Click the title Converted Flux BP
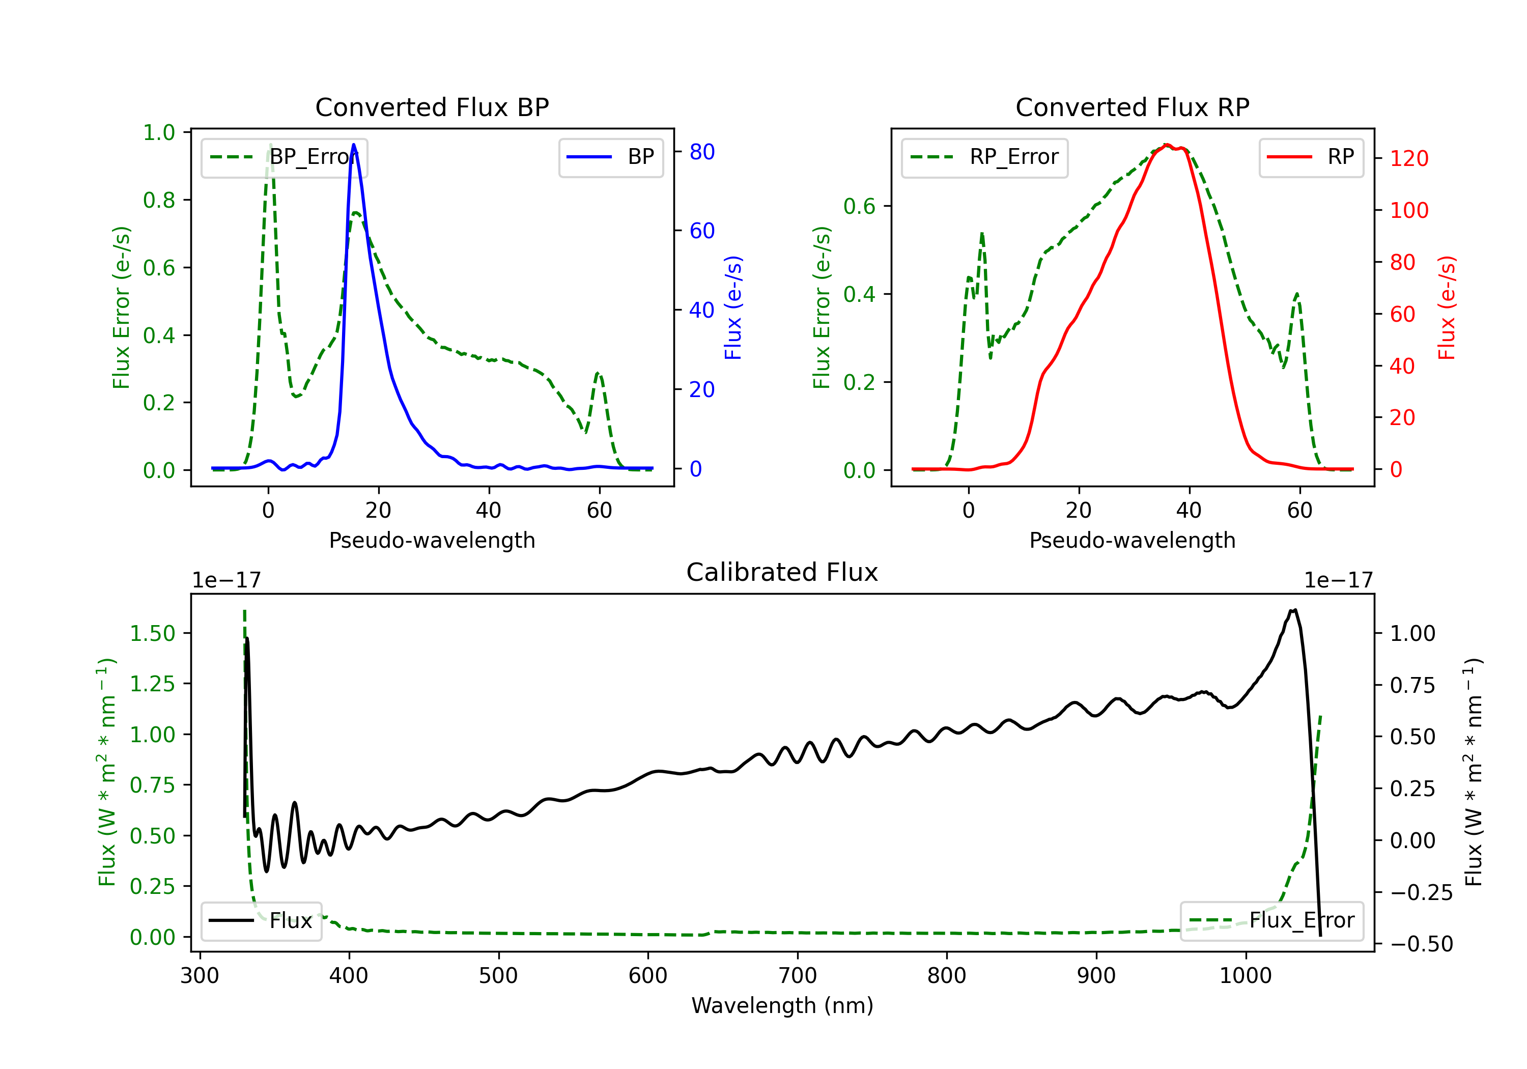[x=432, y=107]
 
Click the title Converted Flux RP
[x=1132, y=107]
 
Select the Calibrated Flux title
[x=782, y=572]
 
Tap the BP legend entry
[x=610, y=157]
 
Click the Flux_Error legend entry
[x=1271, y=921]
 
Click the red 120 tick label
[x=1409, y=158]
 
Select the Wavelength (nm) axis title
[x=782, y=1005]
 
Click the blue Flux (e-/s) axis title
[x=733, y=308]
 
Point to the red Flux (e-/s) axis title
[x=1447, y=308]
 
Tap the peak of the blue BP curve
[x=353, y=145]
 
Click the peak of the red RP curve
[x=1167, y=145]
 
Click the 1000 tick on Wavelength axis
[x=1245, y=975]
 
